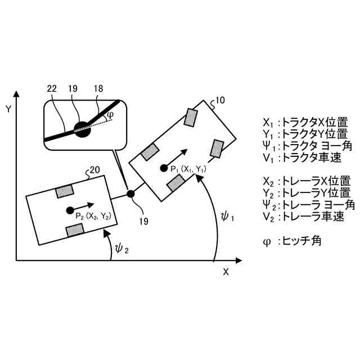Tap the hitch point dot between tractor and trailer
130,193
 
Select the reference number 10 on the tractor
219,101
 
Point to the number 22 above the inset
52,89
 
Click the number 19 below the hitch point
143,221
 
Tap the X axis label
226,272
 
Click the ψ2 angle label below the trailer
121,247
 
